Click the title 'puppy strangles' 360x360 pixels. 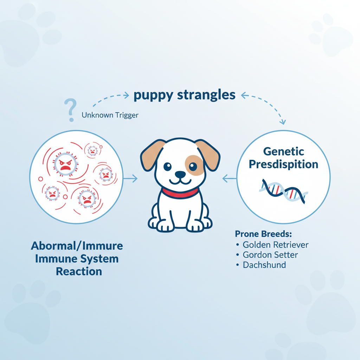(185, 95)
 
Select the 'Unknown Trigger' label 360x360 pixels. (110, 115)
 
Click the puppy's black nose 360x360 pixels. (180, 174)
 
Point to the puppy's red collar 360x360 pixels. (180, 193)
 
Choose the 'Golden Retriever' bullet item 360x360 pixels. (275, 245)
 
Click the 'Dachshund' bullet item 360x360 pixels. (264, 265)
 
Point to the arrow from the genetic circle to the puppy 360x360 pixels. (230, 179)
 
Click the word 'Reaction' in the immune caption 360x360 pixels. (79, 271)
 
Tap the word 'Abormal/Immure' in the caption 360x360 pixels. (77, 246)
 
